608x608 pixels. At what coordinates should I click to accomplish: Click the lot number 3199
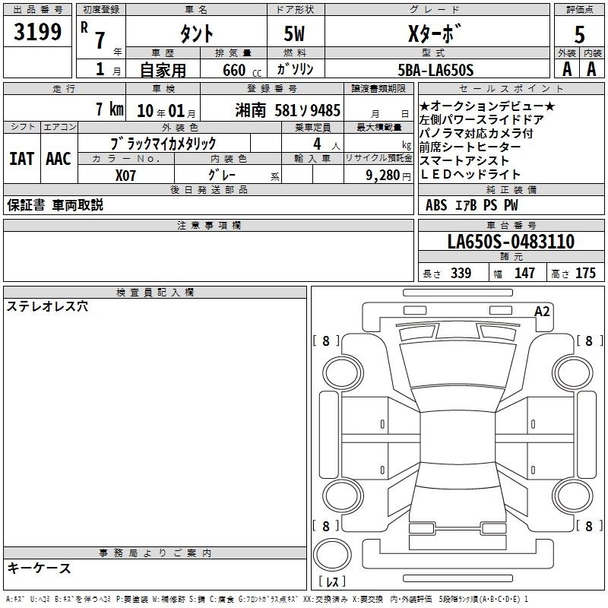coord(37,32)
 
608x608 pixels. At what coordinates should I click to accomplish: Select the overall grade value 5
coord(579,35)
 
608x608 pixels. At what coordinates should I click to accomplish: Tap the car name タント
coord(197,33)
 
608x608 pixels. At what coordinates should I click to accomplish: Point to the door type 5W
coord(294,33)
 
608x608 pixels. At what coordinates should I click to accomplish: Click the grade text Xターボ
coord(435,33)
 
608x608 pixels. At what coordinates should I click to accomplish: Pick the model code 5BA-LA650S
coord(435,70)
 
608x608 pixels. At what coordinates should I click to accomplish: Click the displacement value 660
coord(234,70)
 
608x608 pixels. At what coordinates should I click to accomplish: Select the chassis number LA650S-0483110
coord(511,241)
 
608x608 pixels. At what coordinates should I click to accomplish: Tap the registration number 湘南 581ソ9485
coord(287,110)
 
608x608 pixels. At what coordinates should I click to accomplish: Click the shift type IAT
coord(21,159)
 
